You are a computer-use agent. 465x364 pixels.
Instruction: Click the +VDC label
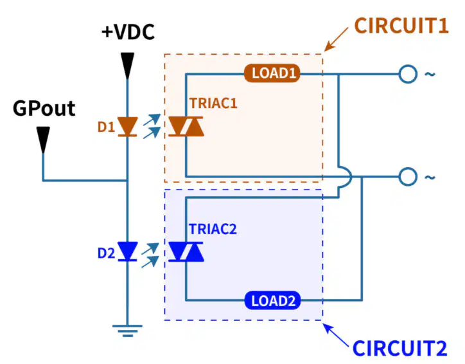(128, 32)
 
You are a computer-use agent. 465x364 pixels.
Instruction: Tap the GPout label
(44, 108)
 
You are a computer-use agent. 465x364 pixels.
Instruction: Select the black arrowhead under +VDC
(128, 66)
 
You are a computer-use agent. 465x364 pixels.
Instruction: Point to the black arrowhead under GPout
(43, 140)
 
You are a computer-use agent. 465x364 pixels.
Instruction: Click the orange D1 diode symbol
(128, 127)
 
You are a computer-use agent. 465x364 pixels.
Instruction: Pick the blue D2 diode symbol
(128, 251)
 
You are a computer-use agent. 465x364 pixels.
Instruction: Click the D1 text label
(106, 127)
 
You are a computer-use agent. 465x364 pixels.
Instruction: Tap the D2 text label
(106, 253)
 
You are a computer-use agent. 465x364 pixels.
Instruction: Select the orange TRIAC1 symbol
(186, 127)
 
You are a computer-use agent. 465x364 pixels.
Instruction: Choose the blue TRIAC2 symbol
(186, 252)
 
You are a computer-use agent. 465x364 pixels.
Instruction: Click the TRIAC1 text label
(213, 104)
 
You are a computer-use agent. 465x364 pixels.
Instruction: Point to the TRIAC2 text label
(213, 229)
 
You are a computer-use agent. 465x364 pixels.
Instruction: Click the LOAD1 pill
(272, 73)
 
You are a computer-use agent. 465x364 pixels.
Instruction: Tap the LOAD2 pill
(272, 300)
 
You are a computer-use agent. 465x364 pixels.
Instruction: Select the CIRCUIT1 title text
(401, 26)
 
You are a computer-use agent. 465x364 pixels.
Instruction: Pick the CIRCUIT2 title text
(399, 348)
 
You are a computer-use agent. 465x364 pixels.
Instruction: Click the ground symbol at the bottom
(128, 331)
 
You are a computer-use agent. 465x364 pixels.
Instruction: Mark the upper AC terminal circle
(408, 74)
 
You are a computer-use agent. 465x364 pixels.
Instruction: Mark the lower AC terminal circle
(408, 177)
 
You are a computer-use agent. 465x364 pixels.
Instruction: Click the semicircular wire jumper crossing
(351, 177)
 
